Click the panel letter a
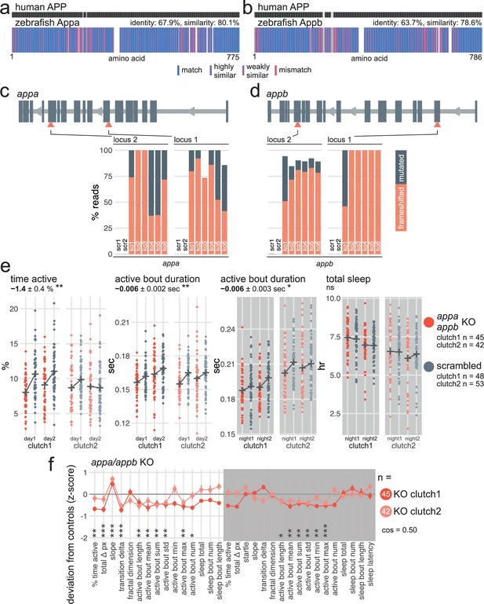click(x=5, y=7)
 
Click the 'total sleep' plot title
click(x=348, y=278)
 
